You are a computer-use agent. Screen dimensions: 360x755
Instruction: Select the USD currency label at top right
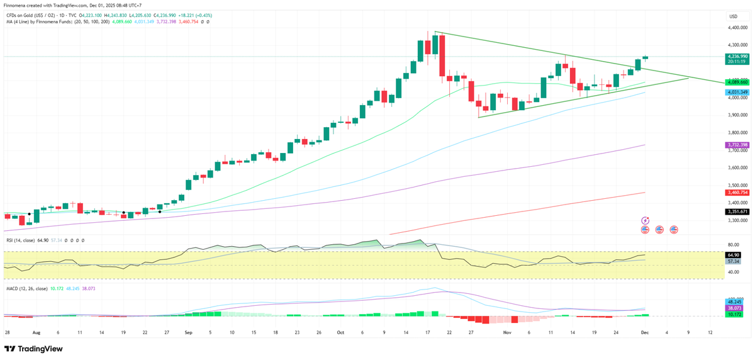(732, 16)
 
